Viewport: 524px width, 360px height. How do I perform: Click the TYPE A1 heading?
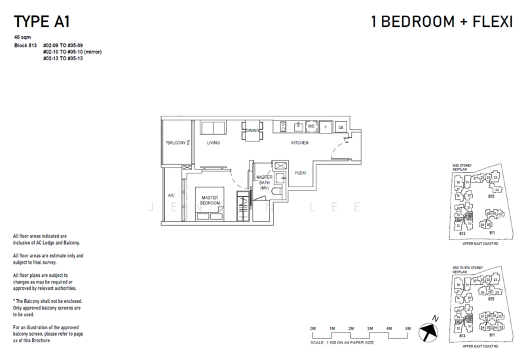click(41, 14)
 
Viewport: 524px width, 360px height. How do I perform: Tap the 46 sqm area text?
click(22, 38)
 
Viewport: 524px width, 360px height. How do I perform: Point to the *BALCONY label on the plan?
click(176, 142)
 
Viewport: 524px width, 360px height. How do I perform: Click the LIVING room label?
click(213, 142)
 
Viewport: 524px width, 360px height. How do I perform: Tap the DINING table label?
click(252, 131)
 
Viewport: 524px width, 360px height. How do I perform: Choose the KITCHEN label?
click(300, 142)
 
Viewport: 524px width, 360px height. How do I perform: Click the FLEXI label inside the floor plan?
click(301, 173)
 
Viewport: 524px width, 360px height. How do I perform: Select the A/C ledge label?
click(171, 195)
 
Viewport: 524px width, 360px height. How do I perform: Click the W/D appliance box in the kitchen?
click(311, 126)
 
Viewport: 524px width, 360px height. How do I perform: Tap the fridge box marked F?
click(326, 126)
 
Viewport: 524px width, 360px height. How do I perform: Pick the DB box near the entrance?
click(341, 126)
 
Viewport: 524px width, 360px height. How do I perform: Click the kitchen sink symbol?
click(297, 126)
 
